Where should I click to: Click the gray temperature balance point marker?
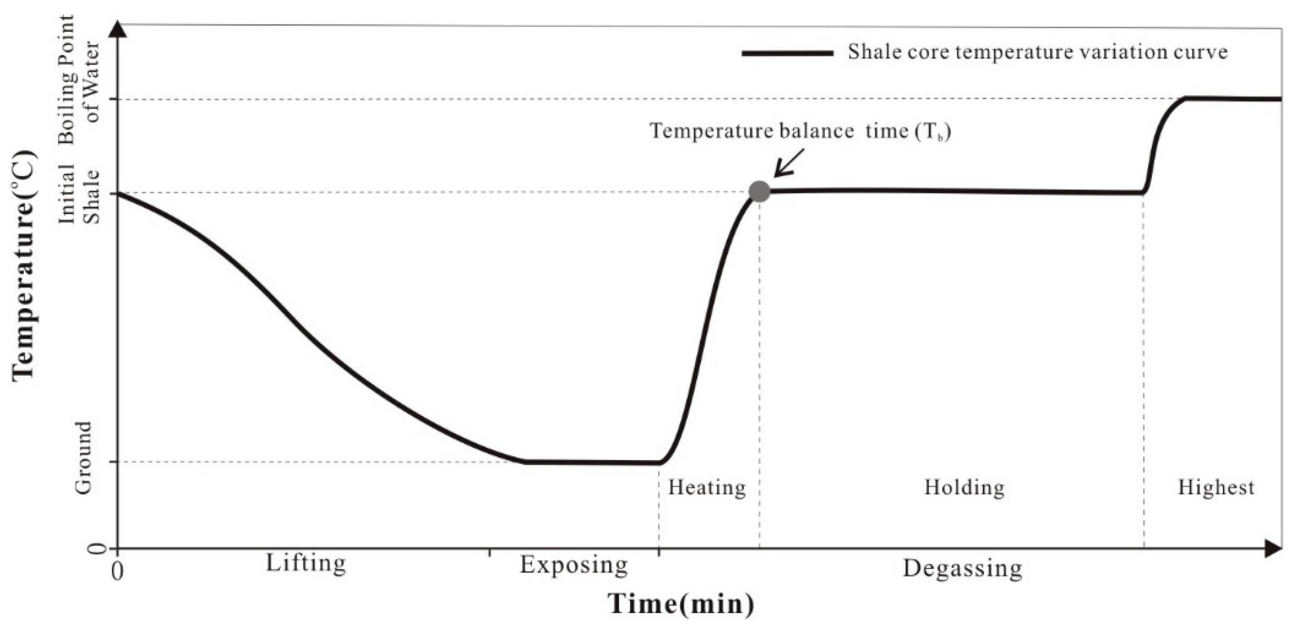click(x=760, y=191)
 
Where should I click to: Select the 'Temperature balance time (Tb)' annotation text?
click(x=800, y=131)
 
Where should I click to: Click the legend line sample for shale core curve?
click(x=787, y=53)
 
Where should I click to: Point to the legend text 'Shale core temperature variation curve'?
click(x=1037, y=53)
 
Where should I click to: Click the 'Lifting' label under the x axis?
click(x=306, y=563)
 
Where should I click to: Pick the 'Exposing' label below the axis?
click(x=573, y=565)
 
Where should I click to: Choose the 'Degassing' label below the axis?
click(x=962, y=569)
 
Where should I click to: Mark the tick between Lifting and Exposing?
click(x=489, y=552)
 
